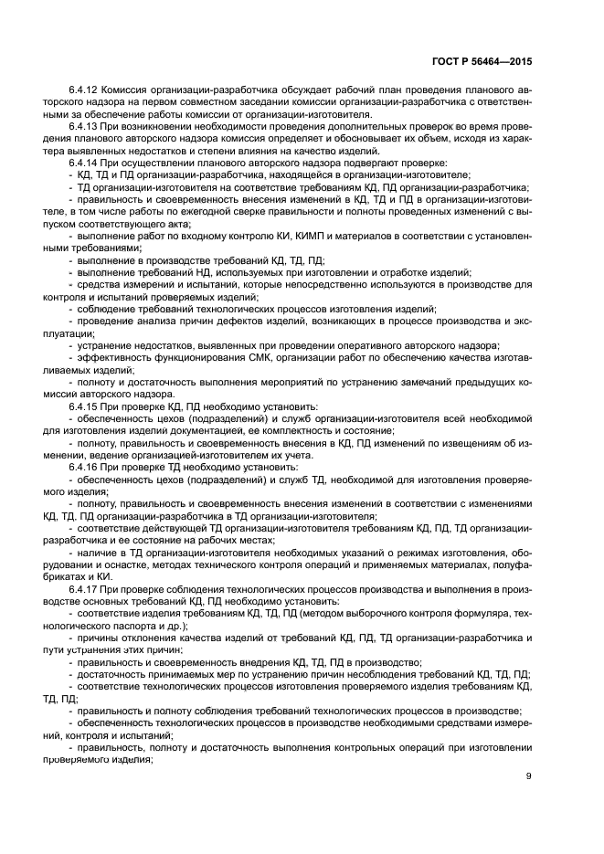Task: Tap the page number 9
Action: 530,776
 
